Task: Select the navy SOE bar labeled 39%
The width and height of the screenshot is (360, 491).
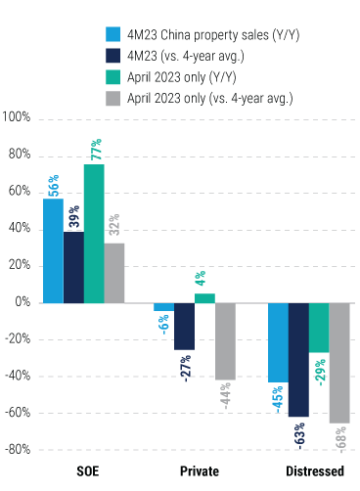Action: [x=73, y=266]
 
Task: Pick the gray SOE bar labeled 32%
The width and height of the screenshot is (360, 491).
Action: [x=114, y=273]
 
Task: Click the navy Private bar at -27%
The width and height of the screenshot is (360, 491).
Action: [x=184, y=326]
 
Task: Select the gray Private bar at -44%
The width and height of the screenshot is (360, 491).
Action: [x=225, y=341]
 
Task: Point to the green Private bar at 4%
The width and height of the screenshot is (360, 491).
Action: [x=204, y=298]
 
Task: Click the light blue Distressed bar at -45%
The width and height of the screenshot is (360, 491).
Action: [x=278, y=342]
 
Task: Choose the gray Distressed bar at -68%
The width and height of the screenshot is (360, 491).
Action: [x=339, y=363]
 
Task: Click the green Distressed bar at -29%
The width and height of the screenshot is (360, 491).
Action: [x=319, y=328]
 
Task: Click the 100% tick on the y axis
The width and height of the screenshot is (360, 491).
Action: [x=18, y=118]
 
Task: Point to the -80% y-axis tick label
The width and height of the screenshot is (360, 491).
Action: [x=18, y=450]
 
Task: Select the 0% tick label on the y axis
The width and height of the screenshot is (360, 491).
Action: [x=22, y=302]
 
